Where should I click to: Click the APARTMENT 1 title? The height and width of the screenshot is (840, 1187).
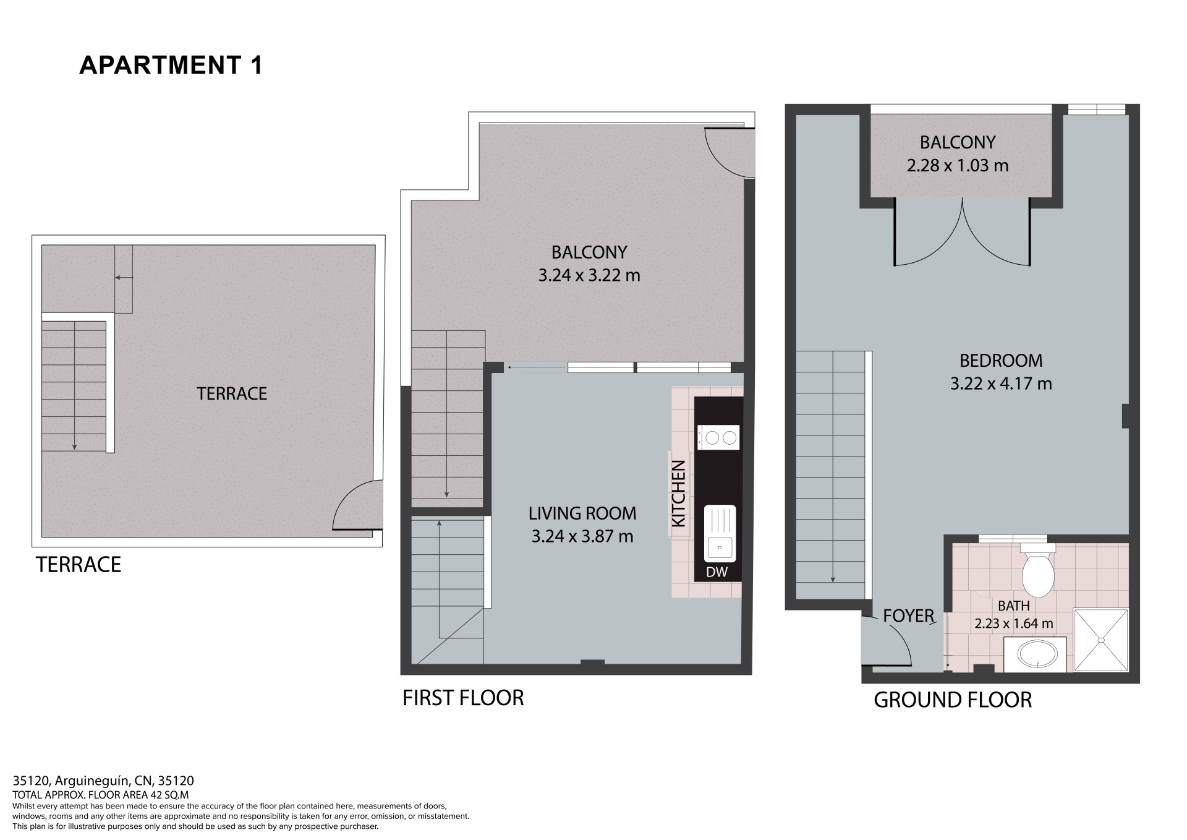click(x=171, y=65)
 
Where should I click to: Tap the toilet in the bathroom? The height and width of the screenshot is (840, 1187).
click(x=1037, y=570)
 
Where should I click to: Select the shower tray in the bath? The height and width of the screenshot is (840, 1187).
click(x=1100, y=640)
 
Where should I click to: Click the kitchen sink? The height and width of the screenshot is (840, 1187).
click(x=720, y=533)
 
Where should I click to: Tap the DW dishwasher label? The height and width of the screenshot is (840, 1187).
click(x=717, y=572)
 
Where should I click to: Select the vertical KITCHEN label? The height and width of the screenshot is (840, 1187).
click(x=679, y=493)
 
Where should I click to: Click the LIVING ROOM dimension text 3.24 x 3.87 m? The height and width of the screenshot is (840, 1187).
click(x=582, y=536)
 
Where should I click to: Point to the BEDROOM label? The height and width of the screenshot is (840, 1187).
click(x=1001, y=360)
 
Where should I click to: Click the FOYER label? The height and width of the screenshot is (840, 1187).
click(x=908, y=615)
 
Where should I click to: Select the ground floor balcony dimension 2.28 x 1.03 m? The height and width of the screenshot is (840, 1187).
click(x=958, y=166)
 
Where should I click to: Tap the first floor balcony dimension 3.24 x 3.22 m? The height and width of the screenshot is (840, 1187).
click(x=589, y=275)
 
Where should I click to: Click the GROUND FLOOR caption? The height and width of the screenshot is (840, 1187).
click(x=953, y=700)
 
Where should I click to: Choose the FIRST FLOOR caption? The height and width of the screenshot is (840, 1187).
click(x=463, y=698)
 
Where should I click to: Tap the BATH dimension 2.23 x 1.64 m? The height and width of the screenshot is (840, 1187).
click(x=1014, y=624)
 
